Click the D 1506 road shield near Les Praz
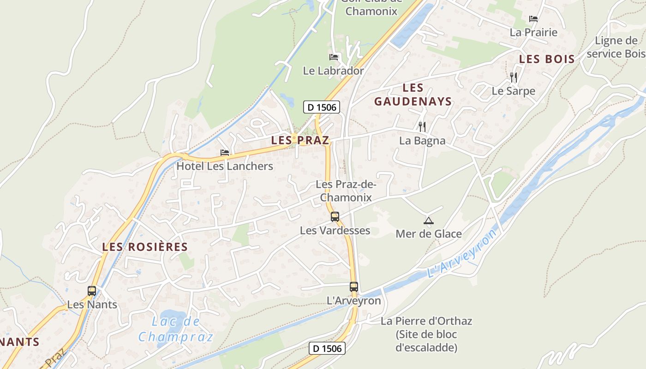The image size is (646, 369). tap(322, 107)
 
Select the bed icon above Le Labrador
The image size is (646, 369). tap(334, 57)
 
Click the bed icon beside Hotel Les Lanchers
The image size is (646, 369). tap(225, 152)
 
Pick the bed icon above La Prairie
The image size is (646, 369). tap(533, 19)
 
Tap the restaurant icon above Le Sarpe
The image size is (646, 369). tap(514, 77)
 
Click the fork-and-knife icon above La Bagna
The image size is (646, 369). tap(422, 126)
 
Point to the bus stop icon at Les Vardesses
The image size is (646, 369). tap(335, 216)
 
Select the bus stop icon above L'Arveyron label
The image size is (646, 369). tap(354, 286)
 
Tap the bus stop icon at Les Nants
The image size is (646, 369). tap(92, 291)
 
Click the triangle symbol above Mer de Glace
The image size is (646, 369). tap(429, 221)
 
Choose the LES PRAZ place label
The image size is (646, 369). tap(300, 141)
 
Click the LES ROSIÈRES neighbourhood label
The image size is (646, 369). tap(145, 247)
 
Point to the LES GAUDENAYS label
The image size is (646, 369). tap(413, 95)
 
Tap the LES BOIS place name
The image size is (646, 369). tap(547, 59)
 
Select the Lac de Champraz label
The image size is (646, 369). tap(176, 329)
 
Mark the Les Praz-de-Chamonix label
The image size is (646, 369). tap(346, 191)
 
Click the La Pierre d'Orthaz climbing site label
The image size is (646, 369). tap(426, 334)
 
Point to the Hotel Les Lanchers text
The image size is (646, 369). tap(225, 166)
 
